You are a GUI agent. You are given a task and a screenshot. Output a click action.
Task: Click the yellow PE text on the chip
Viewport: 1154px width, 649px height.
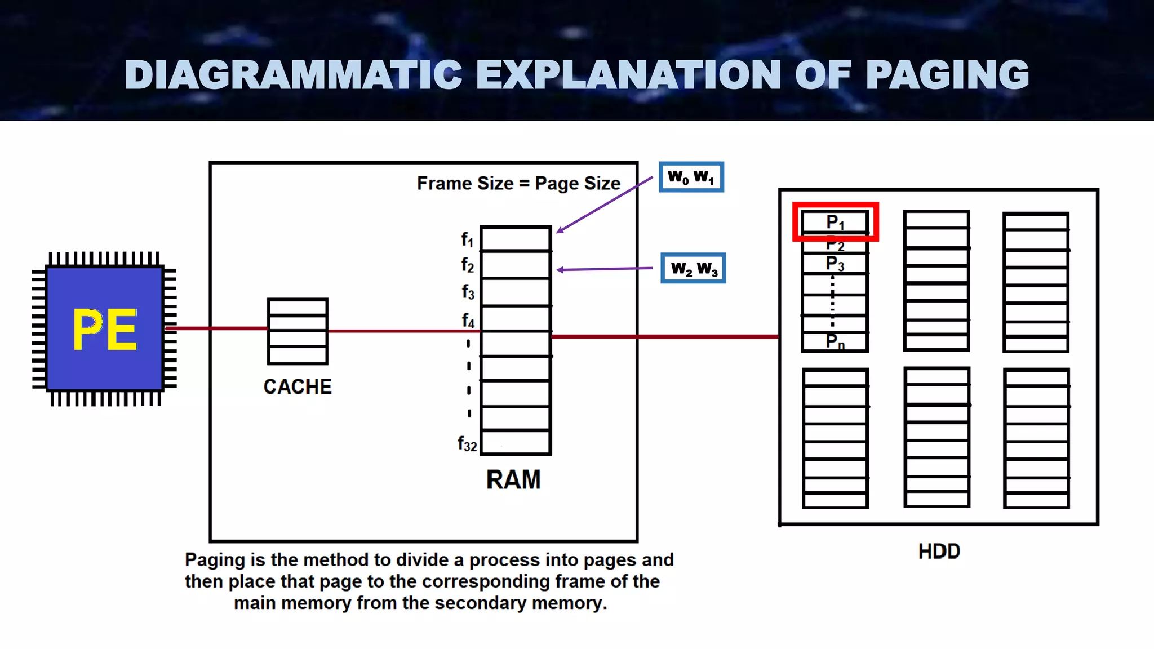pyautogui.click(x=105, y=330)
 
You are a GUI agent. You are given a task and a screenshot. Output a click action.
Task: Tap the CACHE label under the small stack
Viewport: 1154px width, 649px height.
pyautogui.click(x=298, y=387)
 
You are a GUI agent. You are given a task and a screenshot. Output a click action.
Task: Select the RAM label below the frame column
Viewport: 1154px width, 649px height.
pyautogui.click(x=513, y=480)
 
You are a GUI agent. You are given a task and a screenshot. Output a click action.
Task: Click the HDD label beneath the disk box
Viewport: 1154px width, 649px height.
pyautogui.click(x=939, y=551)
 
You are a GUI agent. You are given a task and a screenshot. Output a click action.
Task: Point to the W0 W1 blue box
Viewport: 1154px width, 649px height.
pyautogui.click(x=691, y=177)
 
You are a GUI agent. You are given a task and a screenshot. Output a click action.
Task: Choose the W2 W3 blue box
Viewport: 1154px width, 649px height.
pyautogui.click(x=693, y=268)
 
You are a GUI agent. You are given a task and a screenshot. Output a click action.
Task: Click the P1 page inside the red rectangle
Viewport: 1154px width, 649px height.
pyautogui.click(x=835, y=222)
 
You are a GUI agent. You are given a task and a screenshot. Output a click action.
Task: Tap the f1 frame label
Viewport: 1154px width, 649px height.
pyautogui.click(x=467, y=239)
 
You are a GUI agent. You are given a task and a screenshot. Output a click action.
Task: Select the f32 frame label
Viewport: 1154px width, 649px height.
pyautogui.click(x=467, y=444)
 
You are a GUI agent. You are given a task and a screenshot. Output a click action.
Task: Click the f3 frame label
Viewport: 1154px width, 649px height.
pyautogui.click(x=468, y=292)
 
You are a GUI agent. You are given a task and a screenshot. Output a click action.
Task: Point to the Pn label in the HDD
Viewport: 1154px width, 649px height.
pyautogui.click(x=835, y=341)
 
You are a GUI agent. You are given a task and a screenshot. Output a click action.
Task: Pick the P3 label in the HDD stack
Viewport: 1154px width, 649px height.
pyautogui.click(x=835, y=264)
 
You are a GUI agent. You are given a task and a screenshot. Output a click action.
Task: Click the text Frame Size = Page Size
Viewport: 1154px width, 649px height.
pyautogui.click(x=518, y=184)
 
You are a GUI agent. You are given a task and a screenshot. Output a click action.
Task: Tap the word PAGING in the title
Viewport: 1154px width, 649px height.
pyautogui.click(x=947, y=75)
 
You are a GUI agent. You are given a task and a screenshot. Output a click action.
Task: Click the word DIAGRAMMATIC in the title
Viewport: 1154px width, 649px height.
pyautogui.click(x=293, y=75)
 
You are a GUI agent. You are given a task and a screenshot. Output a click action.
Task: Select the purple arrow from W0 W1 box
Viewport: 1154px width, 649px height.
pyautogui.click(x=604, y=204)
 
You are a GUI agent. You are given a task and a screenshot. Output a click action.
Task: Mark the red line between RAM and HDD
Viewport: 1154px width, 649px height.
pyautogui.click(x=665, y=336)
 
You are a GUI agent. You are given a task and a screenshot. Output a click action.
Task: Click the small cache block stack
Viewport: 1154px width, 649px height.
pyautogui.click(x=298, y=331)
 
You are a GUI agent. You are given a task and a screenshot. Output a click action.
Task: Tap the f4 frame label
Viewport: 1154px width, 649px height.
pyautogui.click(x=468, y=321)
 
